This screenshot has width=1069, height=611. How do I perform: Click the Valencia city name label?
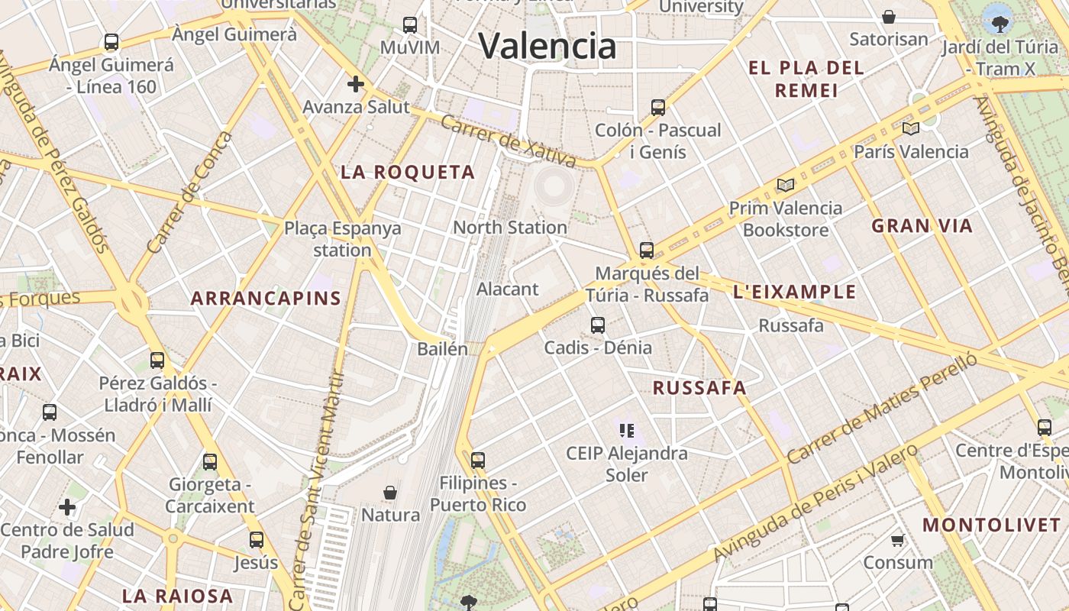[547, 46]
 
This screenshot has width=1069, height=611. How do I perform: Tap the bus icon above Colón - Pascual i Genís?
[658, 108]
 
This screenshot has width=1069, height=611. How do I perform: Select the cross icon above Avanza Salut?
[356, 84]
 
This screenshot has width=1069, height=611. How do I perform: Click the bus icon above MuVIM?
[410, 25]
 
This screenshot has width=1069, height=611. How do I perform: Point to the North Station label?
[510, 228]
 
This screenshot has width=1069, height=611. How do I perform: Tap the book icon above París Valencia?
[911, 128]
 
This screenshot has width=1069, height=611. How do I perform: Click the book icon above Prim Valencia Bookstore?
[786, 185]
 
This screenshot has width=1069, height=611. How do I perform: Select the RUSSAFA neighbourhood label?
[699, 388]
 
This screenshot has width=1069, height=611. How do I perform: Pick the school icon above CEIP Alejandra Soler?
[627, 431]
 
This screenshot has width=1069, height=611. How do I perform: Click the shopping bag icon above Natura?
[390, 493]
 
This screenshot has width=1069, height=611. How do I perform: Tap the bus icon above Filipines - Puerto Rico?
[478, 461]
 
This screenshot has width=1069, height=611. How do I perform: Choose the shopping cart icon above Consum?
[898, 541]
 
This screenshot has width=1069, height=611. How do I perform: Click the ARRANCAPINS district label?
[266, 299]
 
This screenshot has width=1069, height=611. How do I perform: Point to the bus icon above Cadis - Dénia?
[598, 325]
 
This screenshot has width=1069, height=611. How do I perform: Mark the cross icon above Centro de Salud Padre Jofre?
[67, 507]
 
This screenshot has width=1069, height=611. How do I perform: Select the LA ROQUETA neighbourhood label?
[408, 173]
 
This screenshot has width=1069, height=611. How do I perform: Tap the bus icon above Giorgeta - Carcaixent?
[210, 462]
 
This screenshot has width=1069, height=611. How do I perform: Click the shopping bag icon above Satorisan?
[889, 17]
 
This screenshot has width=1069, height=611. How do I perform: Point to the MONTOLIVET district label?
[992, 525]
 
